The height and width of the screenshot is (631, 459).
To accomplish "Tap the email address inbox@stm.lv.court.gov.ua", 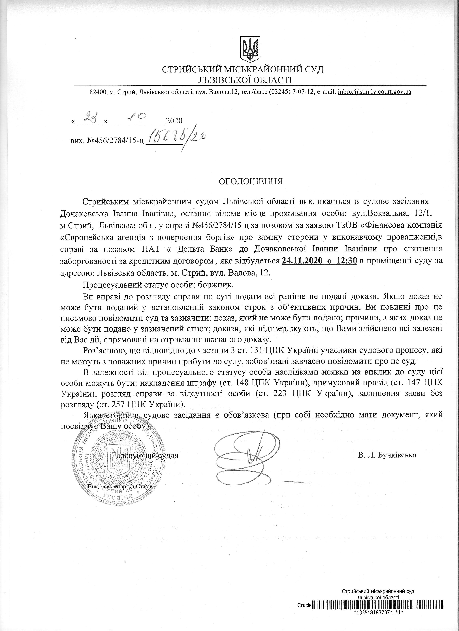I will click(374, 92).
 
